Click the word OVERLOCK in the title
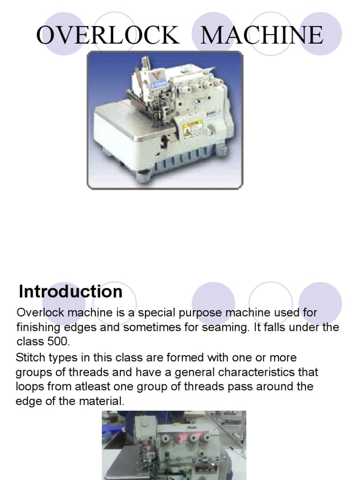(x=108, y=36)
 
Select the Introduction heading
(x=70, y=292)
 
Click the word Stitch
(x=30, y=358)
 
